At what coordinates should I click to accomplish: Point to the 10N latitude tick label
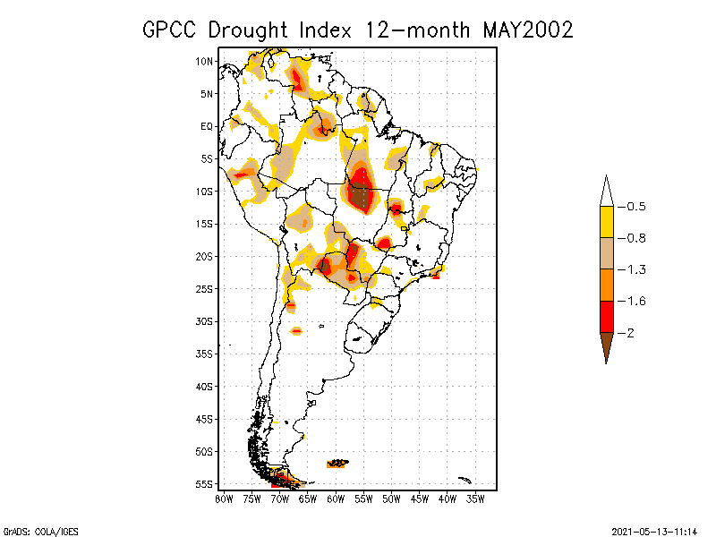coord(205,61)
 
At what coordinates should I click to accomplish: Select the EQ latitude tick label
coord(207,126)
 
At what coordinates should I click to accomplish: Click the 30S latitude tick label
coord(205,321)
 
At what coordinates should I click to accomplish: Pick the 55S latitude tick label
coord(205,484)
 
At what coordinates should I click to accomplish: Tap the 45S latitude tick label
coord(205,419)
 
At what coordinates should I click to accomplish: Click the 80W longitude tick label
coord(224,499)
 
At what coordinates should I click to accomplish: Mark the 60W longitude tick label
coord(336,499)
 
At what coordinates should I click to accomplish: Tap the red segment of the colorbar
coord(606,317)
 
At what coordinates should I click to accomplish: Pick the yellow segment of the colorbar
coord(606,222)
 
